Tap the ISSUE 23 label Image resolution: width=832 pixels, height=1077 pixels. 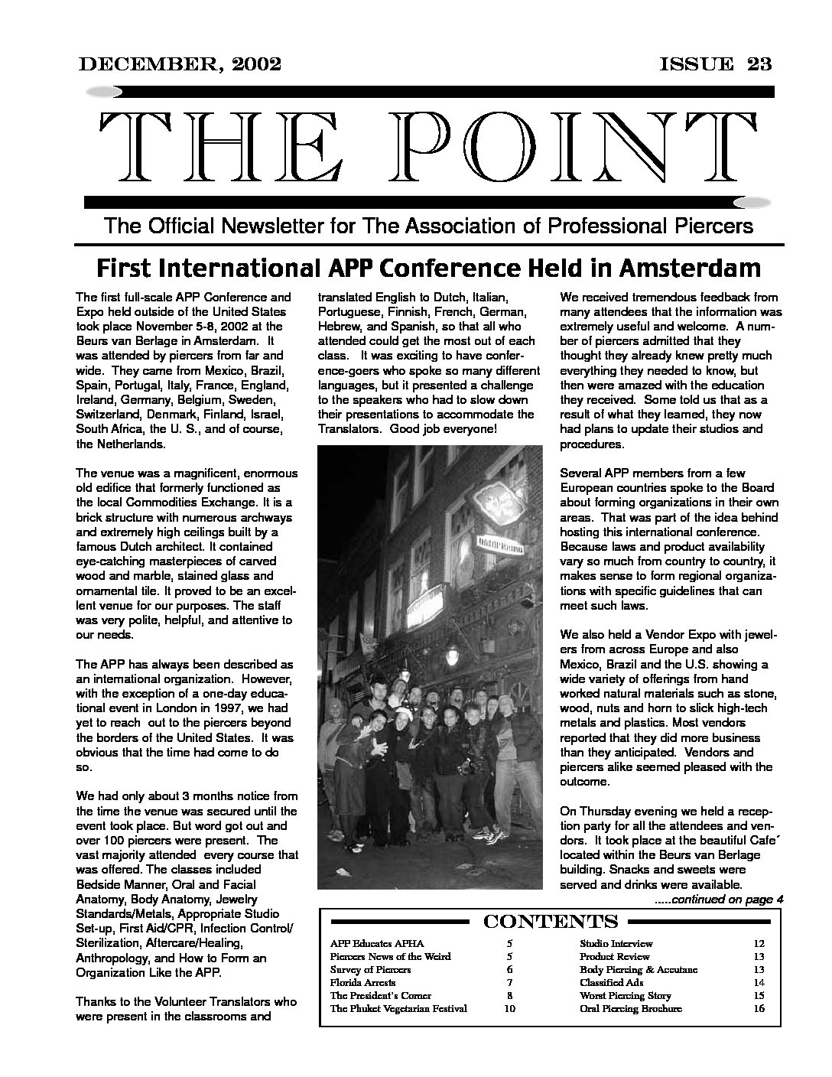[x=716, y=63]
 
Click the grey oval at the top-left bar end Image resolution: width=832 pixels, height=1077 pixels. [x=103, y=92]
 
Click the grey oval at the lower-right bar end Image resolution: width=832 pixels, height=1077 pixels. [x=752, y=202]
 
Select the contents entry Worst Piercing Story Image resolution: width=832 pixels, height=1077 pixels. [x=626, y=995]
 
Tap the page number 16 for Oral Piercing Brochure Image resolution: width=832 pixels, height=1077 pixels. [x=759, y=1008]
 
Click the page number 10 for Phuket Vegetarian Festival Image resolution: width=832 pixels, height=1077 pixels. [x=509, y=1008]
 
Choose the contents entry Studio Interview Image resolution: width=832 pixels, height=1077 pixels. [x=616, y=944]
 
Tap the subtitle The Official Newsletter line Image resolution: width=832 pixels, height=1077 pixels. [x=428, y=226]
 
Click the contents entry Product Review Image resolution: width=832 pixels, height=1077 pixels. [x=615, y=956]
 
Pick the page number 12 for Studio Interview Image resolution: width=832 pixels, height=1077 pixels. [x=759, y=944]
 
